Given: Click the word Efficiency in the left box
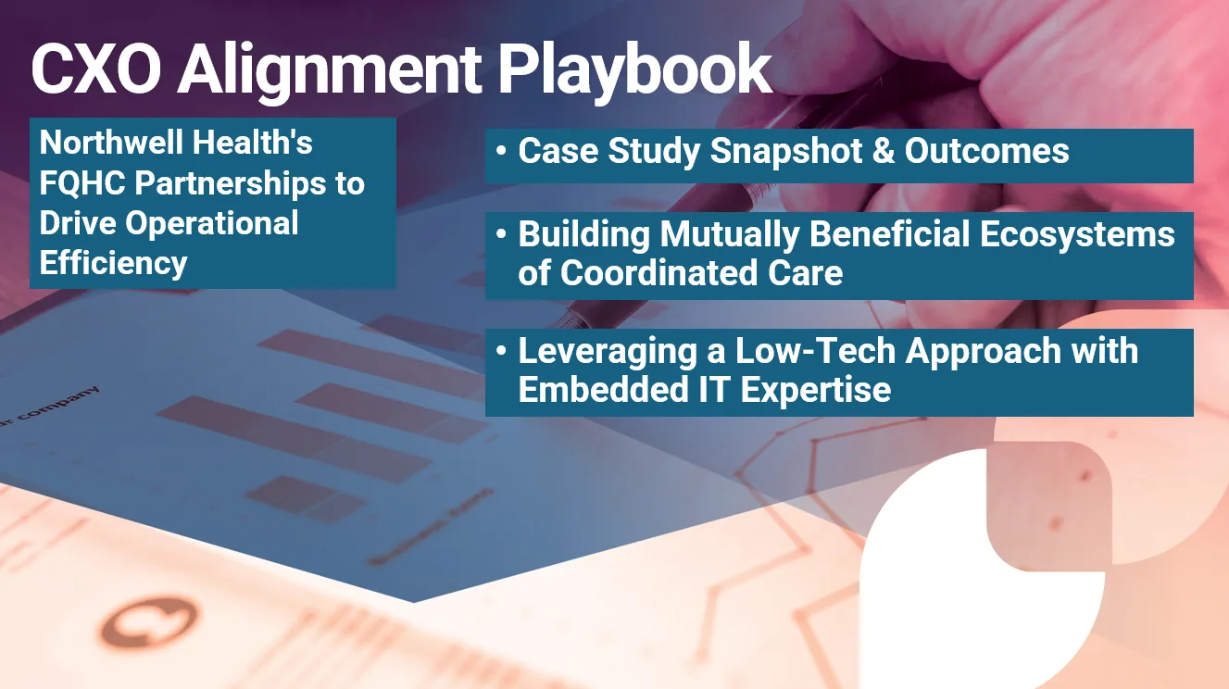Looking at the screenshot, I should pyautogui.click(x=113, y=263).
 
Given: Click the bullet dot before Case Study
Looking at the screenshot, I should pyautogui.click(x=501, y=152).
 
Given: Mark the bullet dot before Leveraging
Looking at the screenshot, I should pyautogui.click(x=501, y=352).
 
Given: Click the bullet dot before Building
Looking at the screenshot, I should pyautogui.click(x=501, y=235).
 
